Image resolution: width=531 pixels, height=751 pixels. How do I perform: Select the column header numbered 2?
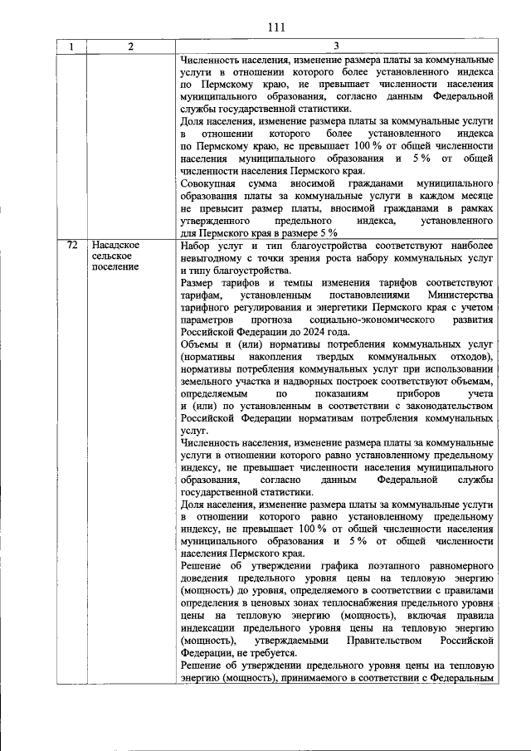[x=130, y=47]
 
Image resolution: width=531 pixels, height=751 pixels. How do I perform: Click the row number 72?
[x=72, y=246]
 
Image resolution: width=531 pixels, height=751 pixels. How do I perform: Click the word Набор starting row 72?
[x=195, y=246]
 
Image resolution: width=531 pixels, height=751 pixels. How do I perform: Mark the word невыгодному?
[x=212, y=259]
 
